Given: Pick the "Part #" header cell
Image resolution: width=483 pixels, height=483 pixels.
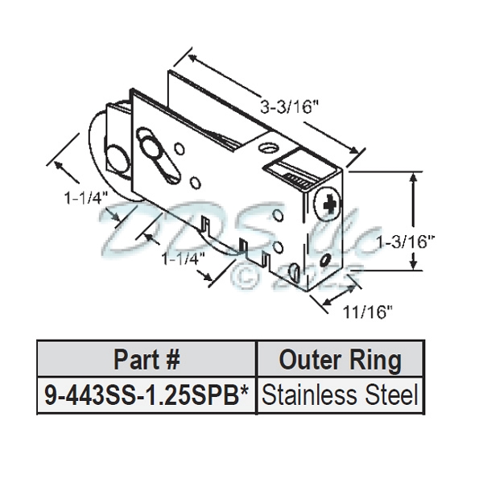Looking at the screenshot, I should coord(147,359).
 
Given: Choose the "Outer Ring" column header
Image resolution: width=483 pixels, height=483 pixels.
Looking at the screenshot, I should coord(340,359).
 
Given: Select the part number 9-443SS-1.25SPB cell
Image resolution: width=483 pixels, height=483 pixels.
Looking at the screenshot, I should coord(147,395).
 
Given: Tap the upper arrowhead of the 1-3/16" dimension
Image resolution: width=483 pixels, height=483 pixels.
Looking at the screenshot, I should coord(413,175).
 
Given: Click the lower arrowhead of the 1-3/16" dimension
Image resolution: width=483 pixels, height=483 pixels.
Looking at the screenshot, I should coord(413,270).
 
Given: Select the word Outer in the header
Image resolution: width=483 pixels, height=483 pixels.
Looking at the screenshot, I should coord(311,359).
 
